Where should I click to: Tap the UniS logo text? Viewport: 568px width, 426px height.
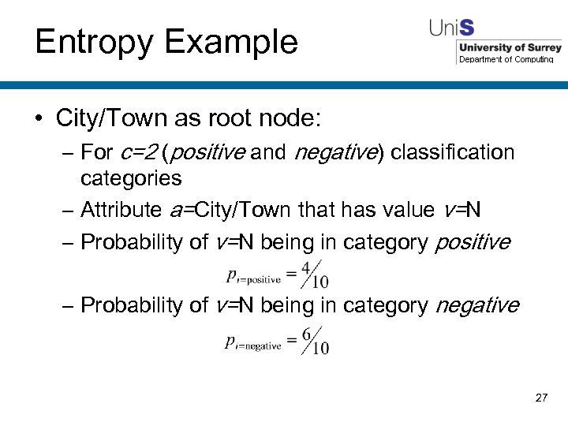(451, 28)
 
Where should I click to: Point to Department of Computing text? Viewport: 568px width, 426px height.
(506, 60)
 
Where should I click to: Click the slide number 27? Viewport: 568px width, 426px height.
(541, 398)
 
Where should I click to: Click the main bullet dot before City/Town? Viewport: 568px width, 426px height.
(39, 119)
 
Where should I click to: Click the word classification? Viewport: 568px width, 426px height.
(452, 152)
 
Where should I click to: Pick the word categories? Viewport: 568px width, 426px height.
(131, 178)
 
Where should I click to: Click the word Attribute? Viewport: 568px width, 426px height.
(121, 210)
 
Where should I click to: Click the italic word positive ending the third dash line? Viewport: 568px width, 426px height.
(473, 242)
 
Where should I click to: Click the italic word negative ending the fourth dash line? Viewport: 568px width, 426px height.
(477, 305)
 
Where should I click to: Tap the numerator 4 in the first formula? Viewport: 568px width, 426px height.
(306, 269)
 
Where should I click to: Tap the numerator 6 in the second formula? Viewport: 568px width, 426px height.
(306, 334)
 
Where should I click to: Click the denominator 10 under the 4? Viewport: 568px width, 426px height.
(320, 282)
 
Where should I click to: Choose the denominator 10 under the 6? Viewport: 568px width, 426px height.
(320, 347)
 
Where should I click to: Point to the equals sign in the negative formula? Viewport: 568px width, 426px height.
(291, 341)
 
